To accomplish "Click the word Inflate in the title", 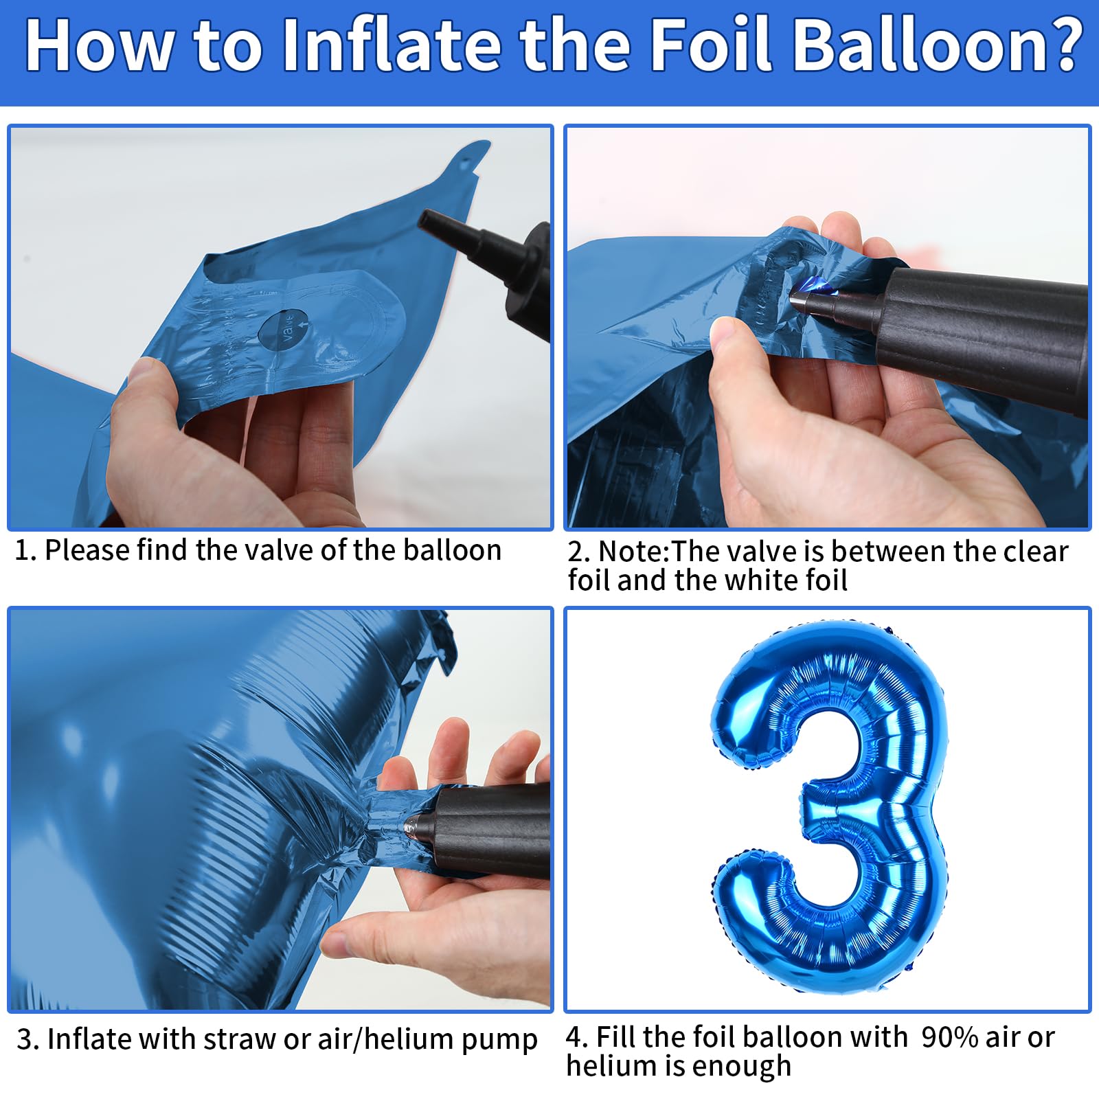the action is tap(392, 44).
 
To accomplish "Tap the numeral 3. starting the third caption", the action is tap(28, 1039).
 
